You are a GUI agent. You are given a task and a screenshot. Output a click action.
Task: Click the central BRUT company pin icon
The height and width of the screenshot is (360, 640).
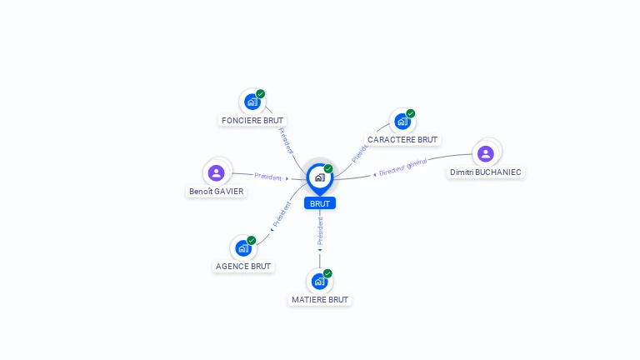click(x=319, y=177)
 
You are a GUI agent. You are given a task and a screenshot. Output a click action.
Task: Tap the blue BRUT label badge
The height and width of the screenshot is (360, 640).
click(x=320, y=203)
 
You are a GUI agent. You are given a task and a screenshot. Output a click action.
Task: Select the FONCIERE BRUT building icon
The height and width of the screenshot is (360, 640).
click(x=252, y=102)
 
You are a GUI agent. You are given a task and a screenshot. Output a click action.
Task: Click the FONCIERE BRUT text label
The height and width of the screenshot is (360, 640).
click(x=252, y=120)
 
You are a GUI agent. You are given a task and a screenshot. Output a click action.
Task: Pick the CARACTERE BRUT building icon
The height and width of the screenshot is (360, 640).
click(x=402, y=122)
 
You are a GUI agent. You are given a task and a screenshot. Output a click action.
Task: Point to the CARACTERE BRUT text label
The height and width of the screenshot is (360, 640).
click(x=402, y=139)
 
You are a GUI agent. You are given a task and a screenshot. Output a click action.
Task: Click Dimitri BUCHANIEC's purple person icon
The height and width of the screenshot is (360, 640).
click(x=486, y=153)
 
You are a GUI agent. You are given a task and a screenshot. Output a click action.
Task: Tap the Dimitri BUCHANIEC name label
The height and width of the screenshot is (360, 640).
click(x=486, y=172)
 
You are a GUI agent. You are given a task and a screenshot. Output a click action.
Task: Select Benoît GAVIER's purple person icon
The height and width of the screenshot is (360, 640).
click(x=217, y=172)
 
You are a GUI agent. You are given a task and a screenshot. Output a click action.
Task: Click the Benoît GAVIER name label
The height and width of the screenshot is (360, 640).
click(x=217, y=191)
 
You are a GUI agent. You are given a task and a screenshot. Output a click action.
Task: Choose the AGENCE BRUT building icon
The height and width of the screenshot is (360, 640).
click(x=242, y=248)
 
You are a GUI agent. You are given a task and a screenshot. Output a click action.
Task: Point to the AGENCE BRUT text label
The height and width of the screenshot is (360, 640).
click(x=243, y=267)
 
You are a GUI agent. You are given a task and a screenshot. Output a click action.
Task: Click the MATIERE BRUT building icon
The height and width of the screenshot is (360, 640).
click(x=319, y=282)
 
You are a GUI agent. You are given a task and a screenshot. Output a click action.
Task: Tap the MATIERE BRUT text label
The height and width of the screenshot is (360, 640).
click(x=320, y=299)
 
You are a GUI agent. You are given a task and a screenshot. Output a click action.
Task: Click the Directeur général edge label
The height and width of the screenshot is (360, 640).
click(x=402, y=167)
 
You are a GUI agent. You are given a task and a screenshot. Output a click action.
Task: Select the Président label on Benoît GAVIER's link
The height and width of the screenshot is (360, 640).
click(x=268, y=177)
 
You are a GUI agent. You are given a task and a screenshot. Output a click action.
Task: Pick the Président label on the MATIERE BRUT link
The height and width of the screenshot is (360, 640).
click(x=320, y=230)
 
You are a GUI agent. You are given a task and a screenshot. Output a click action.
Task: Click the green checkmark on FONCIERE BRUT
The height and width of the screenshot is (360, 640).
click(x=261, y=94)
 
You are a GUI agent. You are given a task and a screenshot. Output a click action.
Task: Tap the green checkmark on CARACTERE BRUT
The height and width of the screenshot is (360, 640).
click(x=411, y=113)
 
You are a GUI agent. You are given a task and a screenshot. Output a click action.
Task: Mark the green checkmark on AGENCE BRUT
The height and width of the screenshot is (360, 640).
click(x=252, y=240)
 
